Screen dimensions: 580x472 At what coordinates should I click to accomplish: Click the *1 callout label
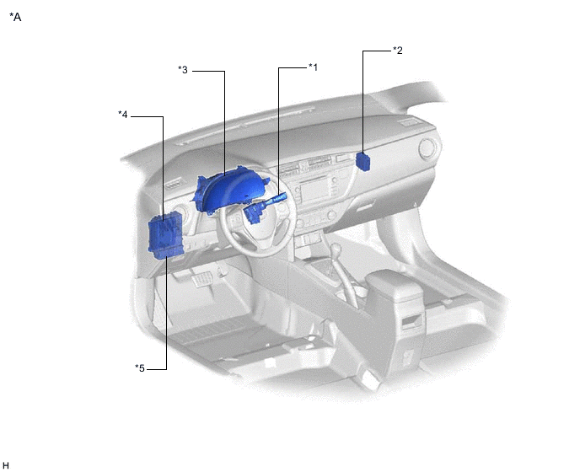[313, 67]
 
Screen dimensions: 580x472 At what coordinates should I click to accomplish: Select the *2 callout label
[398, 51]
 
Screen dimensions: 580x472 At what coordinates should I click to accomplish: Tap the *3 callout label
[183, 70]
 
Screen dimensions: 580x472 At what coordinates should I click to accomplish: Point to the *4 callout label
[123, 115]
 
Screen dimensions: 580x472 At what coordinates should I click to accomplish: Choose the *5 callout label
[140, 368]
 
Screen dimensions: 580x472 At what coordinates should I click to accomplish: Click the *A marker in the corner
[15, 17]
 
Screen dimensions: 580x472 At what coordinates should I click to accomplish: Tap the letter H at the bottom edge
[6, 465]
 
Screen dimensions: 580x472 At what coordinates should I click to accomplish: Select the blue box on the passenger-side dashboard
[362, 162]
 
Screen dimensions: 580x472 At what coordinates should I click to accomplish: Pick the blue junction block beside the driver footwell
[166, 235]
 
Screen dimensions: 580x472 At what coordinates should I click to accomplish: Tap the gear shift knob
[337, 249]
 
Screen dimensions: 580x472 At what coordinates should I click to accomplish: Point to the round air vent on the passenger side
[427, 149]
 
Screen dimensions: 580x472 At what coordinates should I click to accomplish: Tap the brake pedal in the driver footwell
[201, 278]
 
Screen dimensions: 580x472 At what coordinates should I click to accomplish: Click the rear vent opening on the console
[411, 321]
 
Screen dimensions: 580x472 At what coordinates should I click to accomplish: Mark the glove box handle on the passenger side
[366, 205]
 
